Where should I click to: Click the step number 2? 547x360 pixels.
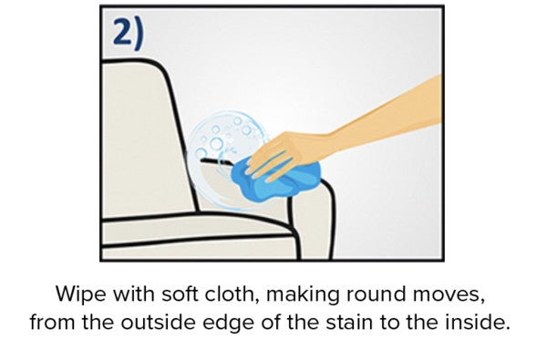pos(122,32)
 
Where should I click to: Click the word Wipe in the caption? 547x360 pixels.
pos(81,294)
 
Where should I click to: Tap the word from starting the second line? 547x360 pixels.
pos(53,322)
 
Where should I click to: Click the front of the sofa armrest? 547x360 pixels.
pos(312,223)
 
